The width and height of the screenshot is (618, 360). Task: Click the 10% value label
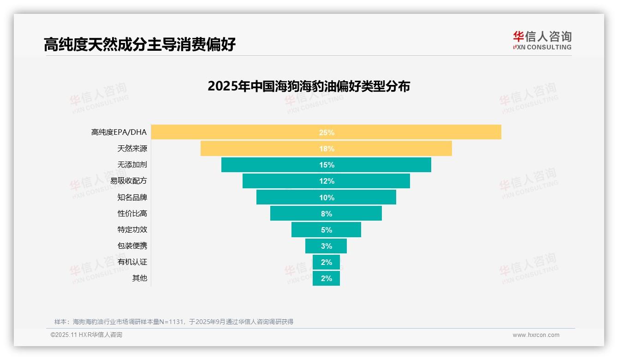click(x=327, y=198)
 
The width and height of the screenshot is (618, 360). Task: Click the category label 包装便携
click(x=132, y=246)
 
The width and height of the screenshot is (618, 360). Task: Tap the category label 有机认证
click(x=132, y=262)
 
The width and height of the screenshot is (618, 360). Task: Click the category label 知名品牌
click(x=132, y=197)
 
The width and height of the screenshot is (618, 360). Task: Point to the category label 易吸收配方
click(x=128, y=181)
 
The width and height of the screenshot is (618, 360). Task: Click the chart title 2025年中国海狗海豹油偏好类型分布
click(x=309, y=86)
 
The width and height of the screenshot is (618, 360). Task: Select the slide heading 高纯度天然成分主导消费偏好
click(x=140, y=44)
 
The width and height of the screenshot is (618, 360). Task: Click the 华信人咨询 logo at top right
click(x=542, y=41)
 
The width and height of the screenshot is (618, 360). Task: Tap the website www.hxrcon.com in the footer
click(x=536, y=335)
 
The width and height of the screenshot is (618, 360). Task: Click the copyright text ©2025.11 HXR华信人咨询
click(x=86, y=335)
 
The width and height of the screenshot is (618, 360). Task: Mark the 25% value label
click(x=327, y=132)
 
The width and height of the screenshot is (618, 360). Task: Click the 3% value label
click(x=327, y=246)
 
